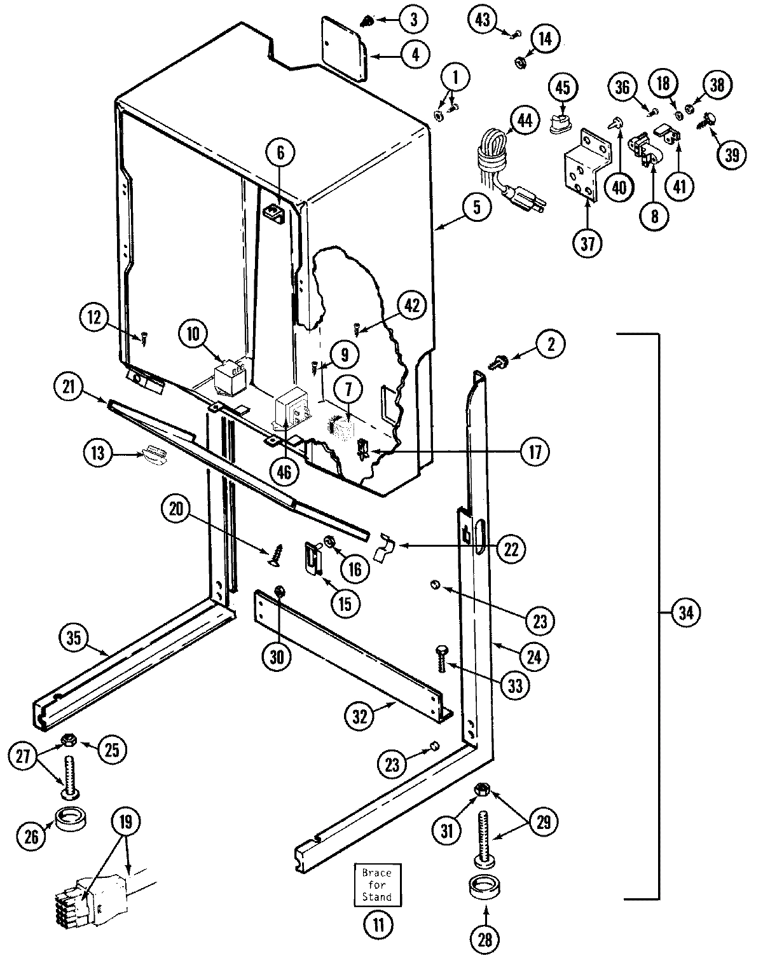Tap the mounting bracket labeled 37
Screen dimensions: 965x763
[x=582, y=168]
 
